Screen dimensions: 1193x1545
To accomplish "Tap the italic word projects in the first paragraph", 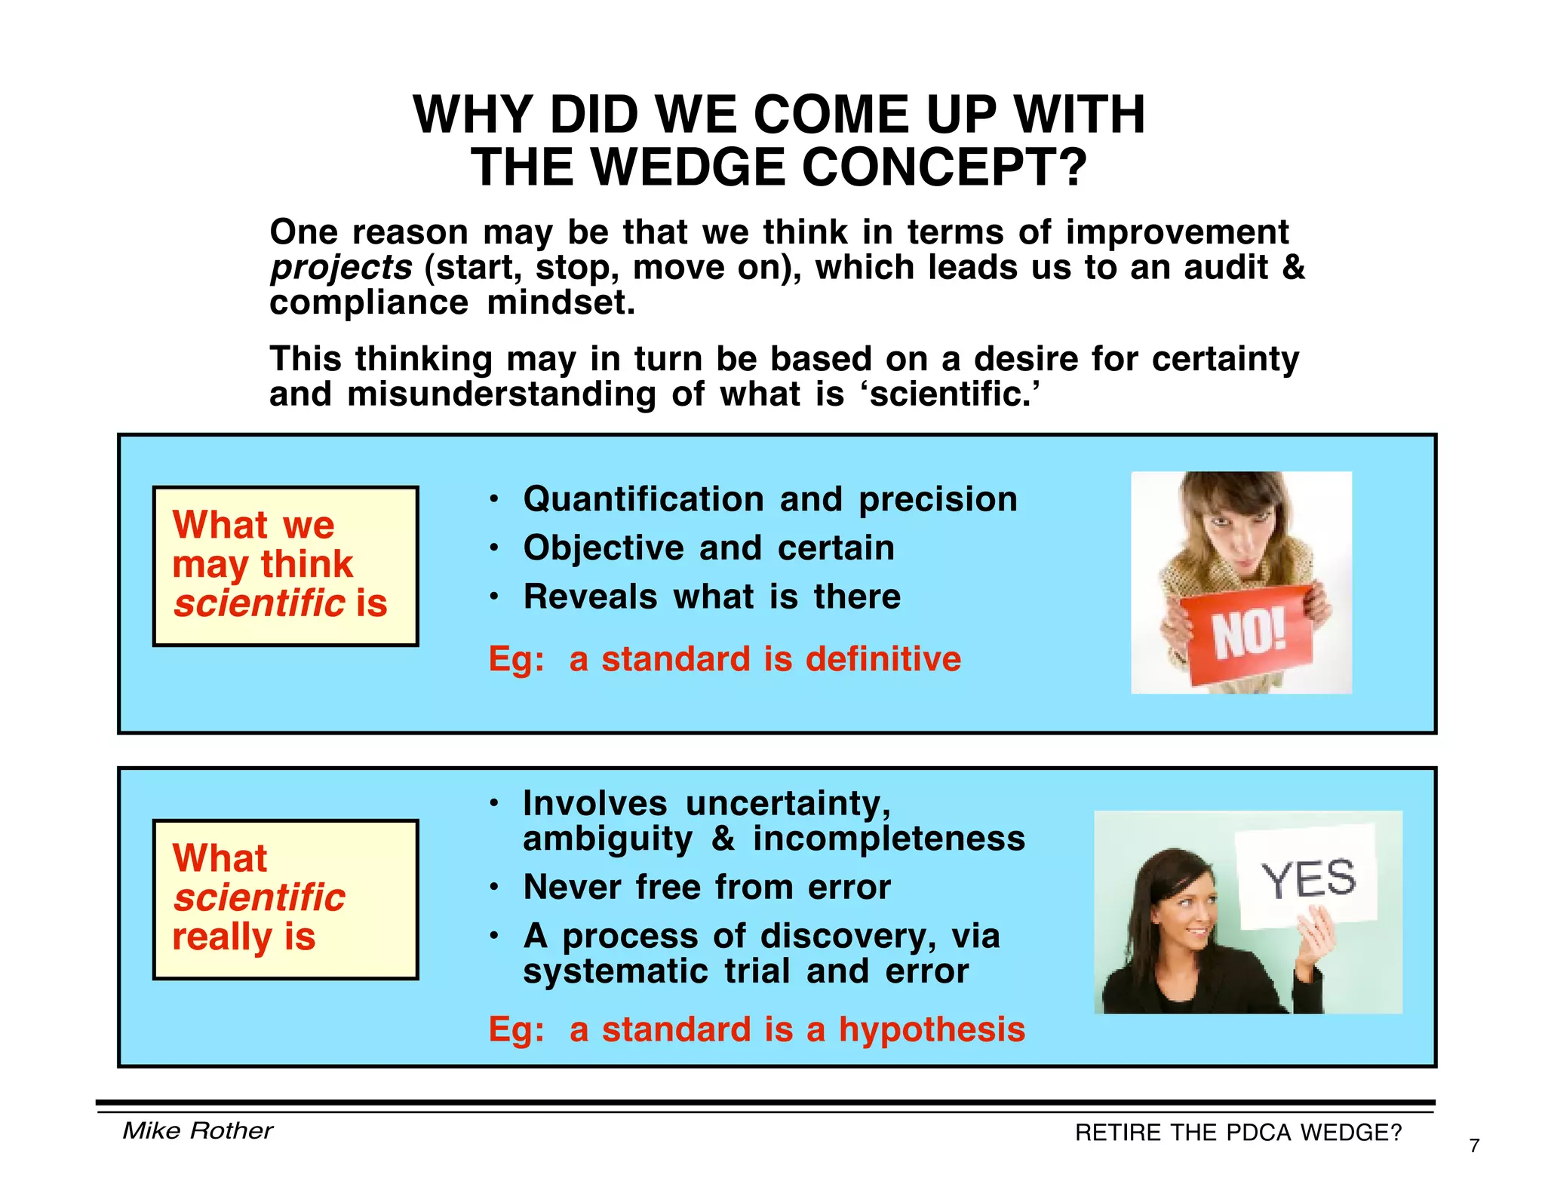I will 341,268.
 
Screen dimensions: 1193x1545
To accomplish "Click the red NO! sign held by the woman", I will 1249,634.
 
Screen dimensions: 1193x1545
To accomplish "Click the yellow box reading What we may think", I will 285,566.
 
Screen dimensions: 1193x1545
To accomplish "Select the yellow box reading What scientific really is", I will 285,899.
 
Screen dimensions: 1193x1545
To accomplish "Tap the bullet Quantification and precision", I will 769,499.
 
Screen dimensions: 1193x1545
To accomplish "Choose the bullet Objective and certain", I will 708,548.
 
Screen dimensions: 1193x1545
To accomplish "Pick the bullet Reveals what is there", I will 711,597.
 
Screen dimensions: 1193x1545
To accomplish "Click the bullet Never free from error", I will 706,888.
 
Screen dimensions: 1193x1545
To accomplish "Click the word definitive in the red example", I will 883,659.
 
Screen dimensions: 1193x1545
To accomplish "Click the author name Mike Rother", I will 198,1130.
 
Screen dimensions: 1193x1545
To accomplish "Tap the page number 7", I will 1474,1146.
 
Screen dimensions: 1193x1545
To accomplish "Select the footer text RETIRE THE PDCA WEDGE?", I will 1238,1133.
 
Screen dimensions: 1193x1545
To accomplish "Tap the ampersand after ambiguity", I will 723,839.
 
